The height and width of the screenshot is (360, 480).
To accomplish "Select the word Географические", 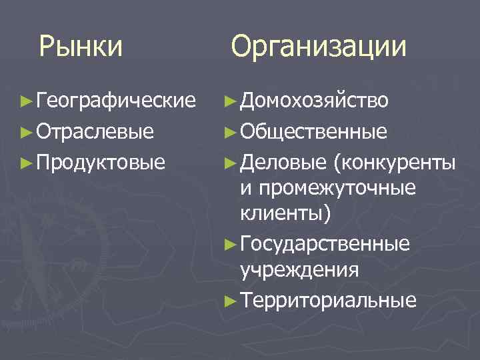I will [117, 101].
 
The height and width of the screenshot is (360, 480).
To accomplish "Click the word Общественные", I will [313, 131].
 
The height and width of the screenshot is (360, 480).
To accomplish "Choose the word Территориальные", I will [329, 300].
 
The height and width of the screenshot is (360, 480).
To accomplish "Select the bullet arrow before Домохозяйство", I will [229, 101].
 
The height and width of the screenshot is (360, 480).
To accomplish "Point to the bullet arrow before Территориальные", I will [229, 301].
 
